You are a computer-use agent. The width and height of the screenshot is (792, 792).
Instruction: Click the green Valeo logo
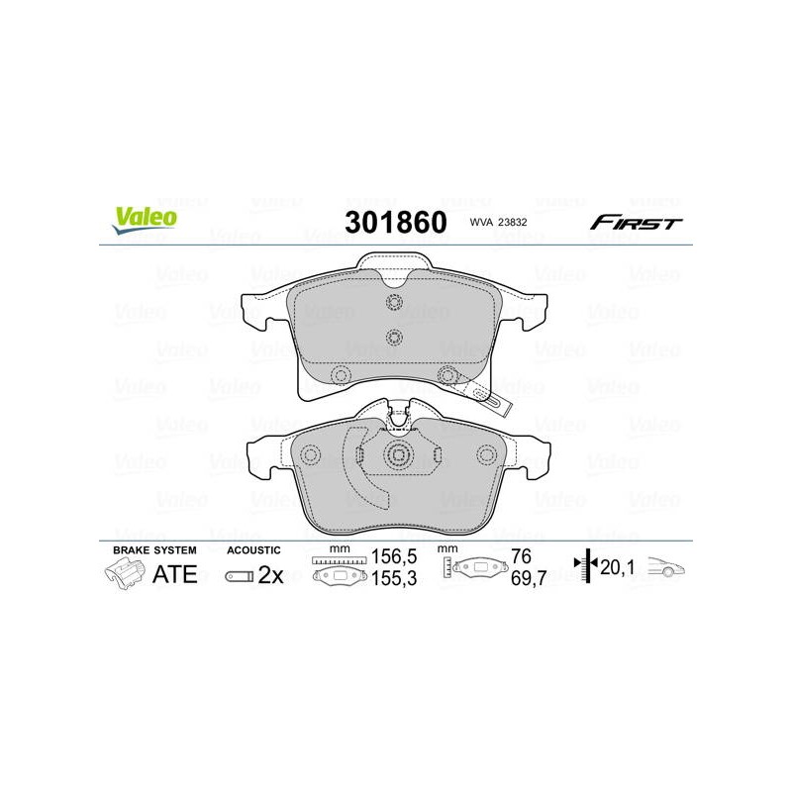[x=145, y=220]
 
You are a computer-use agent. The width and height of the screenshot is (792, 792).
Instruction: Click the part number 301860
[x=395, y=222]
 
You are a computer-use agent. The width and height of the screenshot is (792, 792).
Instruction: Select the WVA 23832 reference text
[x=498, y=222]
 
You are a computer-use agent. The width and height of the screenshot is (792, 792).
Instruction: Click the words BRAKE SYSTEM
[x=154, y=550]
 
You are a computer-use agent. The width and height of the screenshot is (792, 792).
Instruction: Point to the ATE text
[x=174, y=574]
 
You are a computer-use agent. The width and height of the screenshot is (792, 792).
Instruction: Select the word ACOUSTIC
[x=253, y=550]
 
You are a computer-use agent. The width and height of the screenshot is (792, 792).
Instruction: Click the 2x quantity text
[x=270, y=575]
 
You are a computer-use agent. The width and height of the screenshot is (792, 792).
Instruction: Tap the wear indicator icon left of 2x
[x=239, y=576]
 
